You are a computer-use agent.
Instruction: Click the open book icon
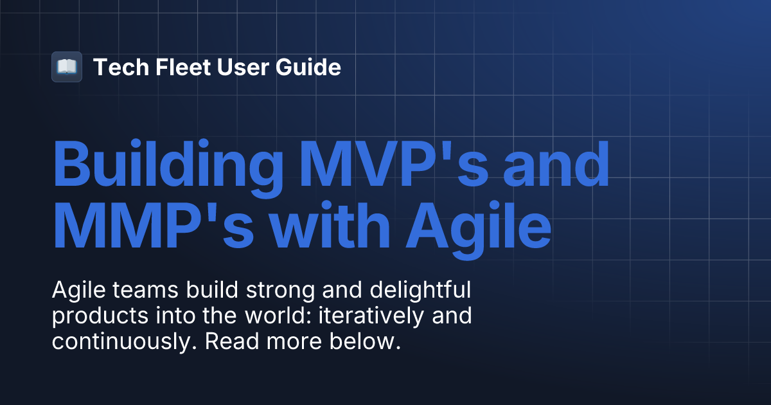[x=67, y=67]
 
